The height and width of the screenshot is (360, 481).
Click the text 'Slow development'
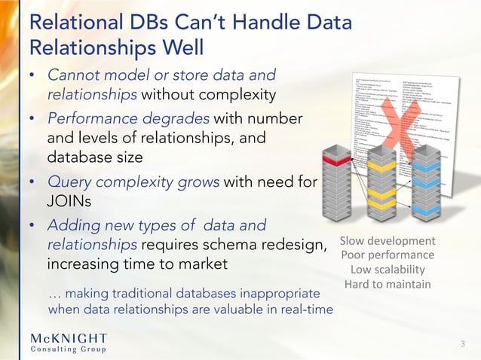click(x=388, y=241)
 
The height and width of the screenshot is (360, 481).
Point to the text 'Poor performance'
click(x=388, y=255)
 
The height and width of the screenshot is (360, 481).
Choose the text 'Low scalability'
click(x=388, y=270)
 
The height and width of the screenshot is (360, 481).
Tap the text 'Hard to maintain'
click(x=388, y=284)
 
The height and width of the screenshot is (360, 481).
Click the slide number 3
click(x=463, y=343)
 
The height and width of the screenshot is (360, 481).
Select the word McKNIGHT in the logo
click(x=69, y=337)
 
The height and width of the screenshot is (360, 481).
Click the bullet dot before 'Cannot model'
click(x=33, y=76)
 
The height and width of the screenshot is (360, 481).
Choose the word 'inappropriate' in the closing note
click(x=283, y=291)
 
